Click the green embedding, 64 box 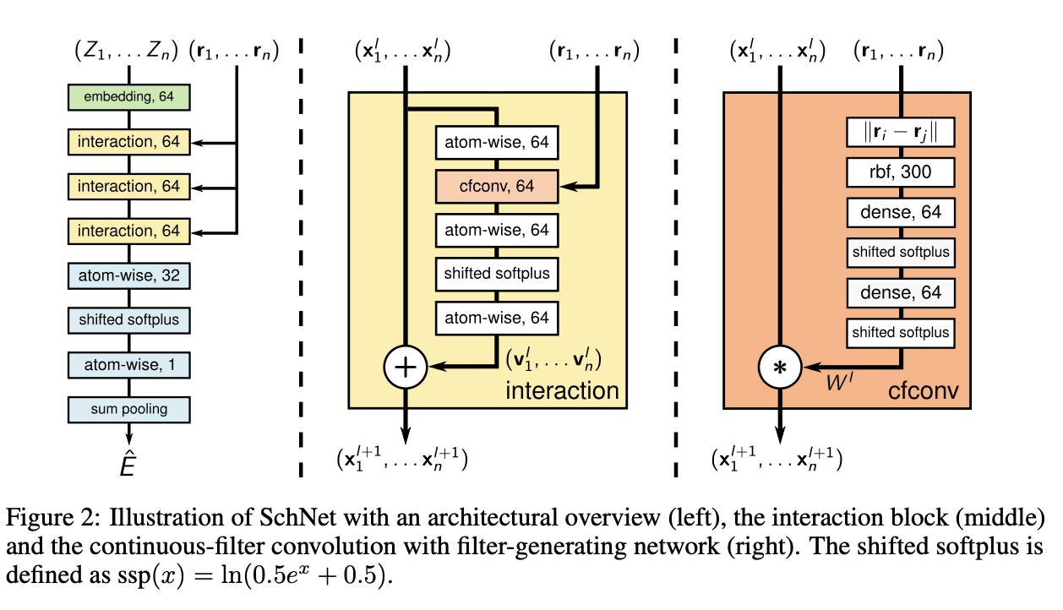[128, 97]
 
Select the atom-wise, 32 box [128, 275]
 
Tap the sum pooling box [128, 409]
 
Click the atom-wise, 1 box [128, 365]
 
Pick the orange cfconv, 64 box [496, 186]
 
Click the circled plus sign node [406, 366]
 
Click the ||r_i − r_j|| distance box [900, 133]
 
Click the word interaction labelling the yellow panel [562, 390]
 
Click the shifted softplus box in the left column [128, 320]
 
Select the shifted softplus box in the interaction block [496, 273]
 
